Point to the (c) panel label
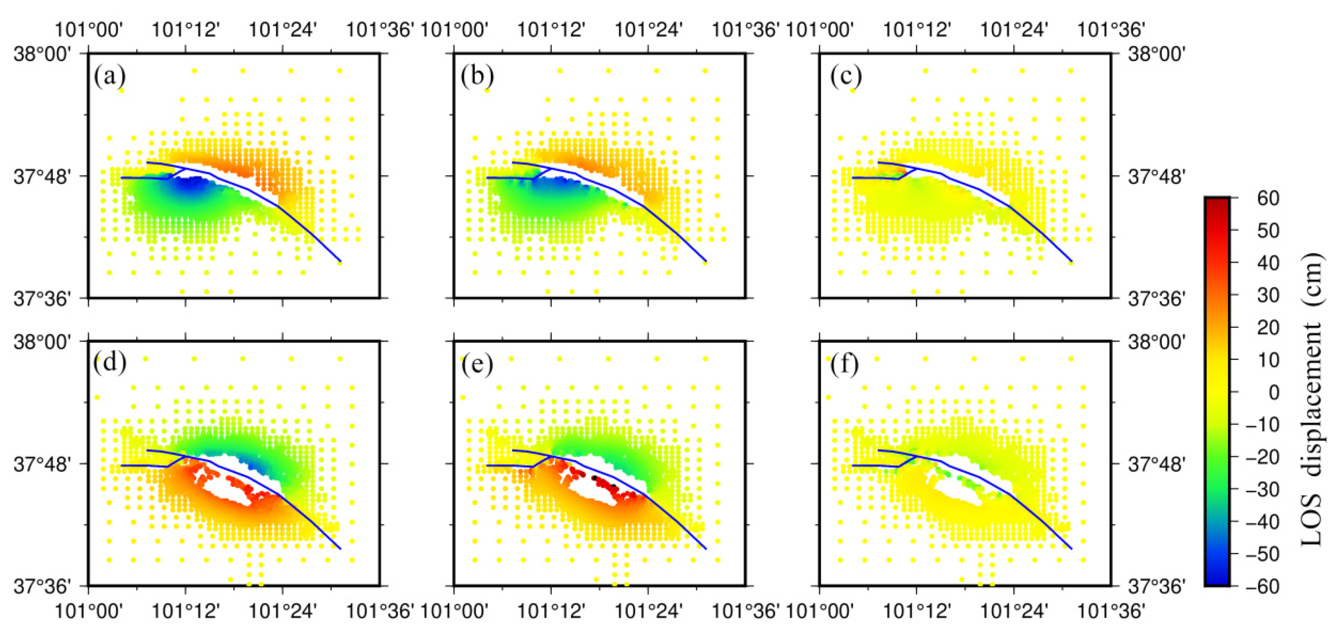[x=846, y=77]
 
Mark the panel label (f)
[x=844, y=363]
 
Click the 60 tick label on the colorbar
[x=1268, y=198]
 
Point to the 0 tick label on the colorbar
[x=1274, y=392]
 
